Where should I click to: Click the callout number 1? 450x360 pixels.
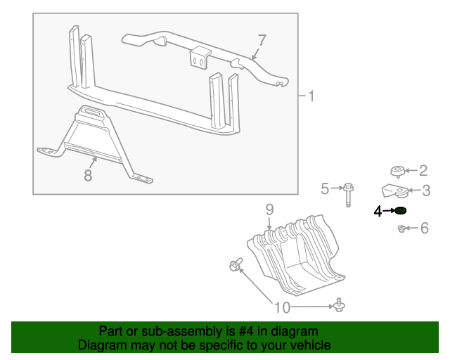point(311,96)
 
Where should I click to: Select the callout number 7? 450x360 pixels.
point(262,40)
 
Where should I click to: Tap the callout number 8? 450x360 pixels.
point(88,175)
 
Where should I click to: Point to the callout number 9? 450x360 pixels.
point(269,209)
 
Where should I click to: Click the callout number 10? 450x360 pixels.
point(281,307)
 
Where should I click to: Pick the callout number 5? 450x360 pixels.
point(325,188)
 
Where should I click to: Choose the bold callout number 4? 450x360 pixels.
point(378,211)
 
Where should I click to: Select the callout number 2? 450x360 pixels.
point(423,169)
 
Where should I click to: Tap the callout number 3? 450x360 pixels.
point(425,190)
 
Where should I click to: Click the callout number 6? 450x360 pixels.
point(424,228)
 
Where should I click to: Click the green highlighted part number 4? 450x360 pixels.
point(401,211)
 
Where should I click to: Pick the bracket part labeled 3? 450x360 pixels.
point(395,191)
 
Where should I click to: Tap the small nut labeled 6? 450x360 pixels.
point(401,229)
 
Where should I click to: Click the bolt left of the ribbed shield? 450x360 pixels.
point(236,265)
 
